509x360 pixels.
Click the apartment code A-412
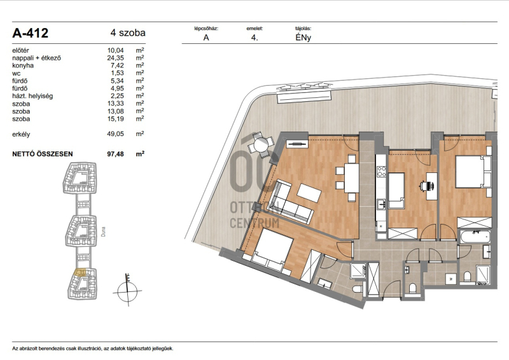click(30, 33)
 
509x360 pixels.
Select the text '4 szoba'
click(128, 33)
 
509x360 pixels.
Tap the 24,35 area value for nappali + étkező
click(116, 58)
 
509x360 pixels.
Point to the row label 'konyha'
click(23, 66)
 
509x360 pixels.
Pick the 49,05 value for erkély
click(116, 134)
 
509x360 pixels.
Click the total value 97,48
click(116, 154)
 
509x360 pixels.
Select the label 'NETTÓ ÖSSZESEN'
click(43, 154)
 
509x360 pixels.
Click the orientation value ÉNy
click(303, 38)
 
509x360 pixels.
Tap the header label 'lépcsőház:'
click(206, 29)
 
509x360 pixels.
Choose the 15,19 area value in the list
click(116, 119)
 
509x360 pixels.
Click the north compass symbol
click(127, 290)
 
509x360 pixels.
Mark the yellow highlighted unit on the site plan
click(80, 272)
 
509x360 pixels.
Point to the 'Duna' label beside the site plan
click(103, 232)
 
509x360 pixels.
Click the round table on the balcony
click(261, 144)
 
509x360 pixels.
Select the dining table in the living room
click(352, 178)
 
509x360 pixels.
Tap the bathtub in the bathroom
click(475, 237)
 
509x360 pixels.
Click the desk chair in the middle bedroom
click(426, 186)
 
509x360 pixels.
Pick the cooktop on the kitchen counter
click(381, 171)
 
